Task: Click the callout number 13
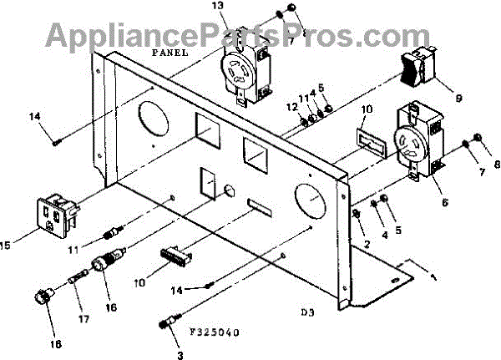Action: click(219, 7)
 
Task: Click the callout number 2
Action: click(365, 244)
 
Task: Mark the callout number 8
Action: click(491, 165)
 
